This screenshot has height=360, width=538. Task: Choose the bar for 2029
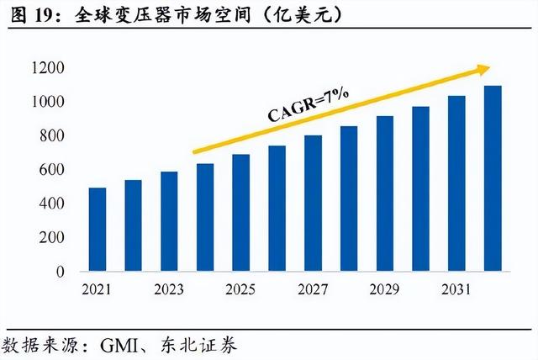385,193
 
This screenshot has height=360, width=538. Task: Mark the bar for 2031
456,183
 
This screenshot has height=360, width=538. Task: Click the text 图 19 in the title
29,14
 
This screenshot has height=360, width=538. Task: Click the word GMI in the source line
120,344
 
